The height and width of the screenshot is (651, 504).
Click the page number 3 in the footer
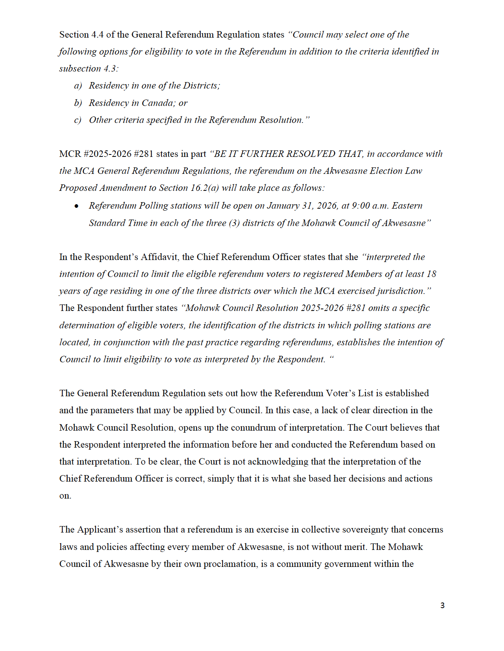click(442, 605)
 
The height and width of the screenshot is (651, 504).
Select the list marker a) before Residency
click(78, 86)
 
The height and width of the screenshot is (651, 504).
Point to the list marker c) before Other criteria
click(78, 120)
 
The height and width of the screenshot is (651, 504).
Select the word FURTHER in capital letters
click(261, 154)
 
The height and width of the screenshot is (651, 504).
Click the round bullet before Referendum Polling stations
click(76, 206)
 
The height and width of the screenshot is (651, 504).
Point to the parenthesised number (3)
click(234, 223)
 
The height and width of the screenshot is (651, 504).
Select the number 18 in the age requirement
click(431, 274)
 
